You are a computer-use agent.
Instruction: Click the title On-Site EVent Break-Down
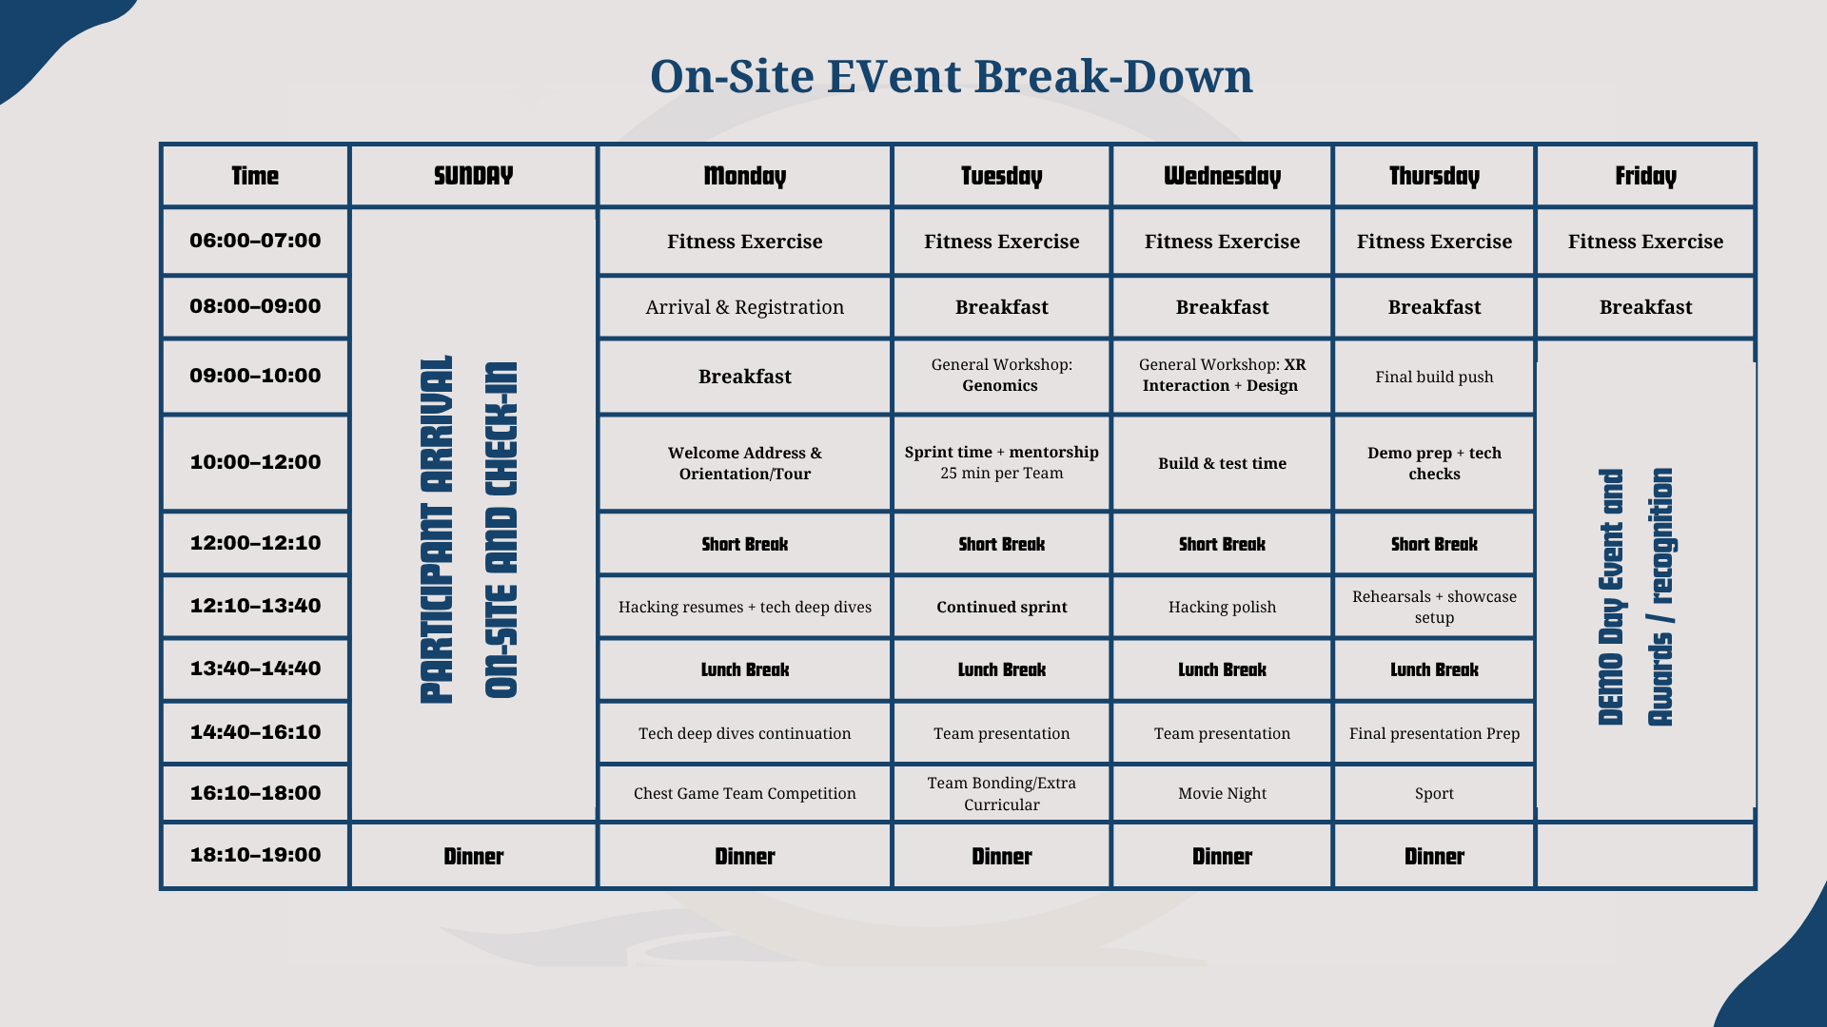click(952, 76)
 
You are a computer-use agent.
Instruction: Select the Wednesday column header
click(1222, 176)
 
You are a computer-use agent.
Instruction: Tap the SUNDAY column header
click(473, 176)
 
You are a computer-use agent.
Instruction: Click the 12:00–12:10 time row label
click(255, 543)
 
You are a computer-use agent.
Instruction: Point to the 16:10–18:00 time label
click(255, 793)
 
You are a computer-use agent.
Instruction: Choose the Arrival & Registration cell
click(744, 307)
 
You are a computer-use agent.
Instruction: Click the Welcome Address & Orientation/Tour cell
click(744, 463)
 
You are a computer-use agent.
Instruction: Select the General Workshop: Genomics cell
click(1001, 375)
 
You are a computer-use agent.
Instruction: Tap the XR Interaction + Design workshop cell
click(1222, 375)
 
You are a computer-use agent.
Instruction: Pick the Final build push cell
click(1434, 377)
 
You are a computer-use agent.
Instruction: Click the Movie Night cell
click(1222, 793)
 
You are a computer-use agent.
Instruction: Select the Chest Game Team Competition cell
click(744, 793)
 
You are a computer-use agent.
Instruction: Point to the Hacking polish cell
click(1222, 607)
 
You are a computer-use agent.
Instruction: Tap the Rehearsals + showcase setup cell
click(1434, 607)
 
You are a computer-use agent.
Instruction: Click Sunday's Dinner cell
click(473, 857)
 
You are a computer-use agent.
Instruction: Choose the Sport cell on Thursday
click(1434, 793)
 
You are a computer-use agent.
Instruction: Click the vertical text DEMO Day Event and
click(1611, 597)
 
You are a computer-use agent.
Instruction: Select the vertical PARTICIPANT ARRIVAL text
click(436, 530)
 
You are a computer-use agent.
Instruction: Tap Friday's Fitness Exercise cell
click(1645, 242)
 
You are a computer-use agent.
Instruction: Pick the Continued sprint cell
click(1001, 607)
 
